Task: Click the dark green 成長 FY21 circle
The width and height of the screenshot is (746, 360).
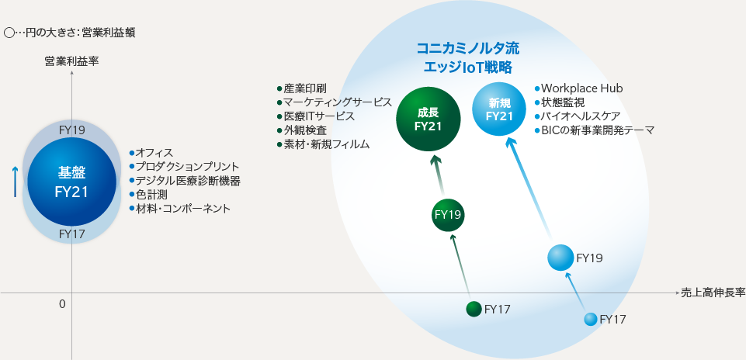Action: pyautogui.click(x=428, y=119)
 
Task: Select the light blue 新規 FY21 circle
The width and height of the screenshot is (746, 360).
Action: pyautogui.click(x=500, y=109)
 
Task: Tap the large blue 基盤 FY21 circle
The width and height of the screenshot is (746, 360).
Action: pyautogui.click(x=71, y=182)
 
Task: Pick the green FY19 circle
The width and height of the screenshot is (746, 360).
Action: pyautogui.click(x=449, y=215)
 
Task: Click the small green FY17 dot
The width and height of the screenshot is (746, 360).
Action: pyautogui.click(x=474, y=309)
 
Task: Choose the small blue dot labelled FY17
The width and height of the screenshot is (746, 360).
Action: pyautogui.click(x=591, y=319)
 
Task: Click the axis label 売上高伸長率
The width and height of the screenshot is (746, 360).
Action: pyautogui.click(x=713, y=292)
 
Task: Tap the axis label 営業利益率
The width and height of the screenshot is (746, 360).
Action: pyautogui.click(x=71, y=60)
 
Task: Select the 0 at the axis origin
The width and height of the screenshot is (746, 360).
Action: pyautogui.click(x=62, y=304)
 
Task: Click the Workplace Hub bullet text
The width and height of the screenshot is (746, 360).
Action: pyautogui.click(x=581, y=88)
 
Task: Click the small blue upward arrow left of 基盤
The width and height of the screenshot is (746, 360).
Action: pyautogui.click(x=15, y=181)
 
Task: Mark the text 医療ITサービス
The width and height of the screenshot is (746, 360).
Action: pyautogui.click(x=318, y=116)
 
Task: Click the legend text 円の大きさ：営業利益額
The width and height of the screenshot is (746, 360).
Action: pyautogui.click(x=92, y=33)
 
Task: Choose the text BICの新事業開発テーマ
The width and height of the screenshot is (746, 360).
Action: pyautogui.click(x=597, y=130)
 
